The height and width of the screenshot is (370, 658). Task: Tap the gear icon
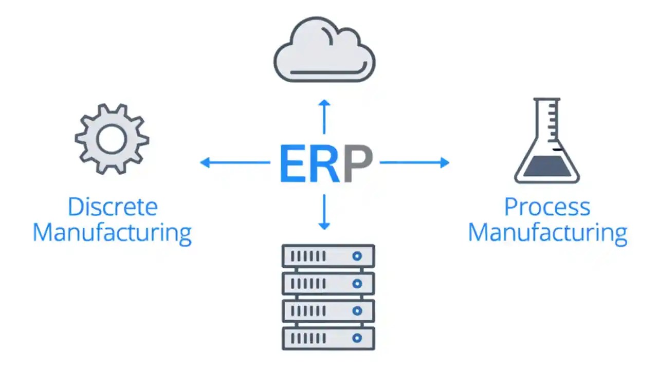pyautogui.click(x=112, y=139)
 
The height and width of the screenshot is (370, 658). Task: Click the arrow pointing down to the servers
pyautogui.click(x=324, y=211)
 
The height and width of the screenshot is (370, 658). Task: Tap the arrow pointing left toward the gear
pyautogui.click(x=234, y=163)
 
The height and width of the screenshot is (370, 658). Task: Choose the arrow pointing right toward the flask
pyautogui.click(x=414, y=163)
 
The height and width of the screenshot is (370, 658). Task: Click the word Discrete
pyautogui.click(x=112, y=207)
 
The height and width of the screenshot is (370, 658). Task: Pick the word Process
pyautogui.click(x=547, y=207)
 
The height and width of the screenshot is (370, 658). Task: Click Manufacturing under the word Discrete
pyautogui.click(x=112, y=232)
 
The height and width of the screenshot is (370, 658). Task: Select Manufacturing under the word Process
pyautogui.click(x=547, y=232)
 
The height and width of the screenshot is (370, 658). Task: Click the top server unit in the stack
pyautogui.click(x=328, y=255)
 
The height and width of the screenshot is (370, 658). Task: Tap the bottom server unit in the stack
pyautogui.click(x=328, y=338)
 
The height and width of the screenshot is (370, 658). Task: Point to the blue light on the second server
pyautogui.click(x=357, y=283)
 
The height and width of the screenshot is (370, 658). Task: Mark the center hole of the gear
pyautogui.click(x=112, y=139)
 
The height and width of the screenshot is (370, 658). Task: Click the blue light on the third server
pyautogui.click(x=357, y=311)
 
